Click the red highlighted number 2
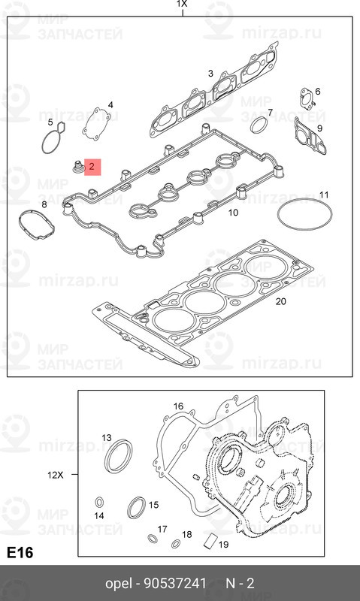pos(92,167)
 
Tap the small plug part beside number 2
pos(78,167)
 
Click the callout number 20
pos(280,302)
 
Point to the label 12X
pos(55,475)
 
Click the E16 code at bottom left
pos(20,552)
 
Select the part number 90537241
pos(175,584)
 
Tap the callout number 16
pos(178,406)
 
